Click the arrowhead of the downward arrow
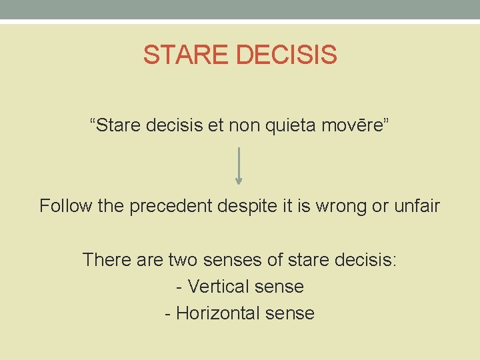click(239, 179)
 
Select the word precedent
click(172, 206)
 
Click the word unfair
click(416, 206)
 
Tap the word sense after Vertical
click(280, 287)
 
